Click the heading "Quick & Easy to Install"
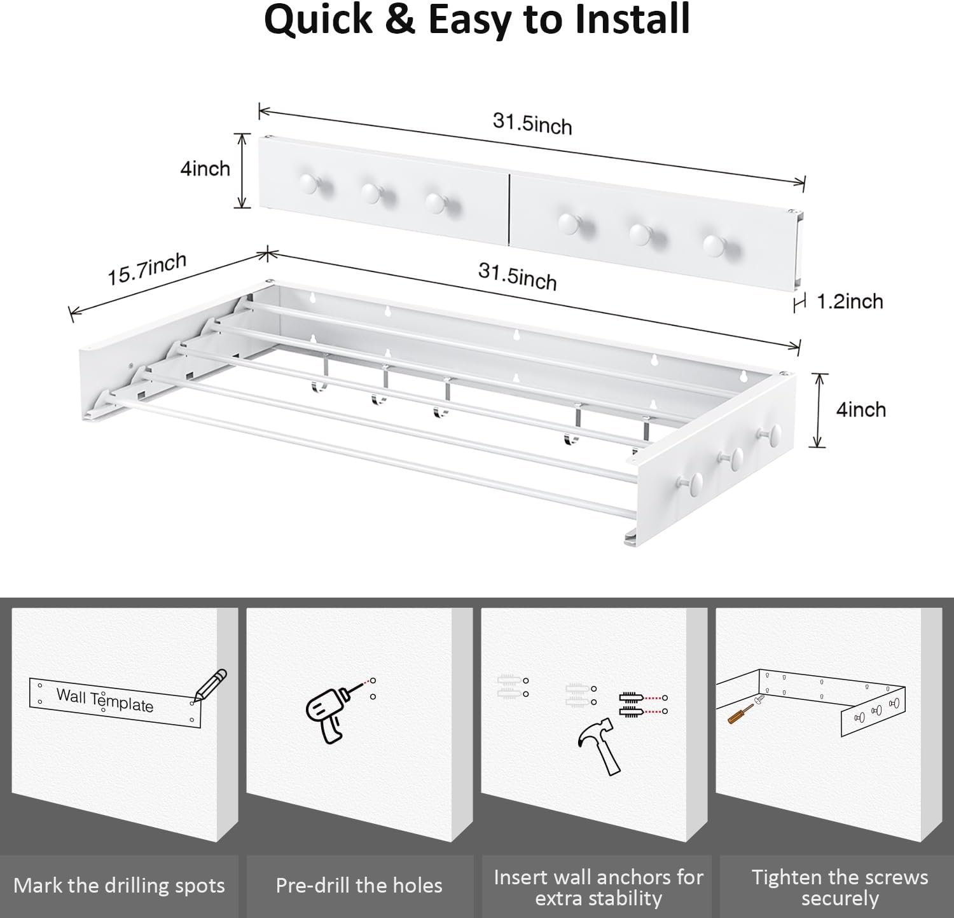pos(476,20)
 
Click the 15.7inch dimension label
pos(147,269)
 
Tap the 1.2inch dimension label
pos(850,301)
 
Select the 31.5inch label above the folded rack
pos(532,123)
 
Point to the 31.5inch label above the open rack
pos(517,277)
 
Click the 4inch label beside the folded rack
pos(205,168)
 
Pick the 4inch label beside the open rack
pos(861,409)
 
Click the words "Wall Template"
pos(105,700)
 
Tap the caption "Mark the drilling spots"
pos(119,886)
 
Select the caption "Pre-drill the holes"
pos(359,886)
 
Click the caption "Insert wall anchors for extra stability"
pos(598,887)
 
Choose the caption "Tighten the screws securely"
pos(840,887)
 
